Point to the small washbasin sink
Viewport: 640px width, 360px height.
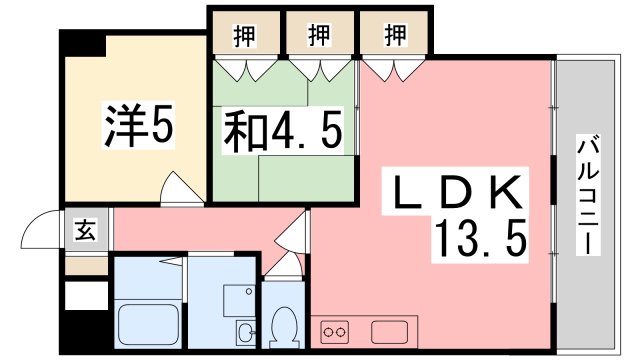(x=244, y=332)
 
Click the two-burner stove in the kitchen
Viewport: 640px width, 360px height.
(x=335, y=330)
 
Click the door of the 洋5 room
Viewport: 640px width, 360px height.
(x=177, y=188)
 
